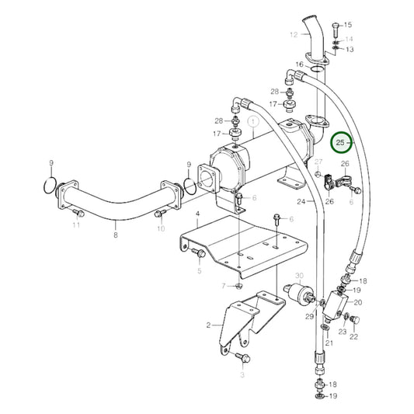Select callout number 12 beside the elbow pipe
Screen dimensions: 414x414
(294, 35)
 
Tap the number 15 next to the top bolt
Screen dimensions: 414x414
(347, 26)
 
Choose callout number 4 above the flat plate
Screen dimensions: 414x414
(197, 213)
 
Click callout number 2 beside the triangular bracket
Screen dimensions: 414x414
(208, 325)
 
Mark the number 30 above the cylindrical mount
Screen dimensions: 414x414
(299, 276)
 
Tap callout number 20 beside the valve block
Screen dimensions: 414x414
(358, 303)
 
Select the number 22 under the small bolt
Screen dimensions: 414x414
(354, 336)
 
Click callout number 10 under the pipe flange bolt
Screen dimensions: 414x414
(161, 229)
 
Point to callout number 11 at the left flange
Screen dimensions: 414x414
(76, 225)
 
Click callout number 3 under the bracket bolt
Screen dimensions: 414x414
(242, 374)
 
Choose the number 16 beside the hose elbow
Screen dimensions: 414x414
(299, 64)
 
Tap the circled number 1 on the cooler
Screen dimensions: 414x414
(252, 122)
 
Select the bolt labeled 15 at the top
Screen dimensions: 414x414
(333, 31)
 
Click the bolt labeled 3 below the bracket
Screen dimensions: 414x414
(242, 358)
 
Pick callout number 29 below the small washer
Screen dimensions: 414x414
(308, 317)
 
